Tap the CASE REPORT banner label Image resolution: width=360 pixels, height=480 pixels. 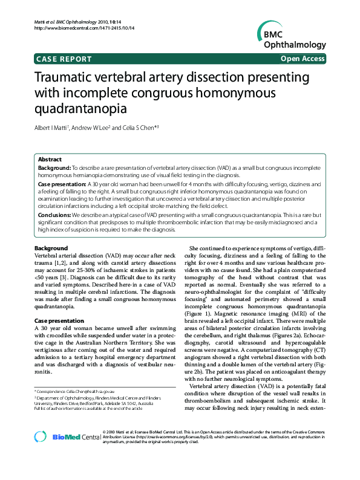[x=64, y=59]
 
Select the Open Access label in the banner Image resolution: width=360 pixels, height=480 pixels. [x=301, y=59]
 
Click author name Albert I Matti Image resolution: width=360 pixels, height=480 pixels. [x=51, y=129]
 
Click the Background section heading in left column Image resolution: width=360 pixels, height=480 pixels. [x=51, y=248]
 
